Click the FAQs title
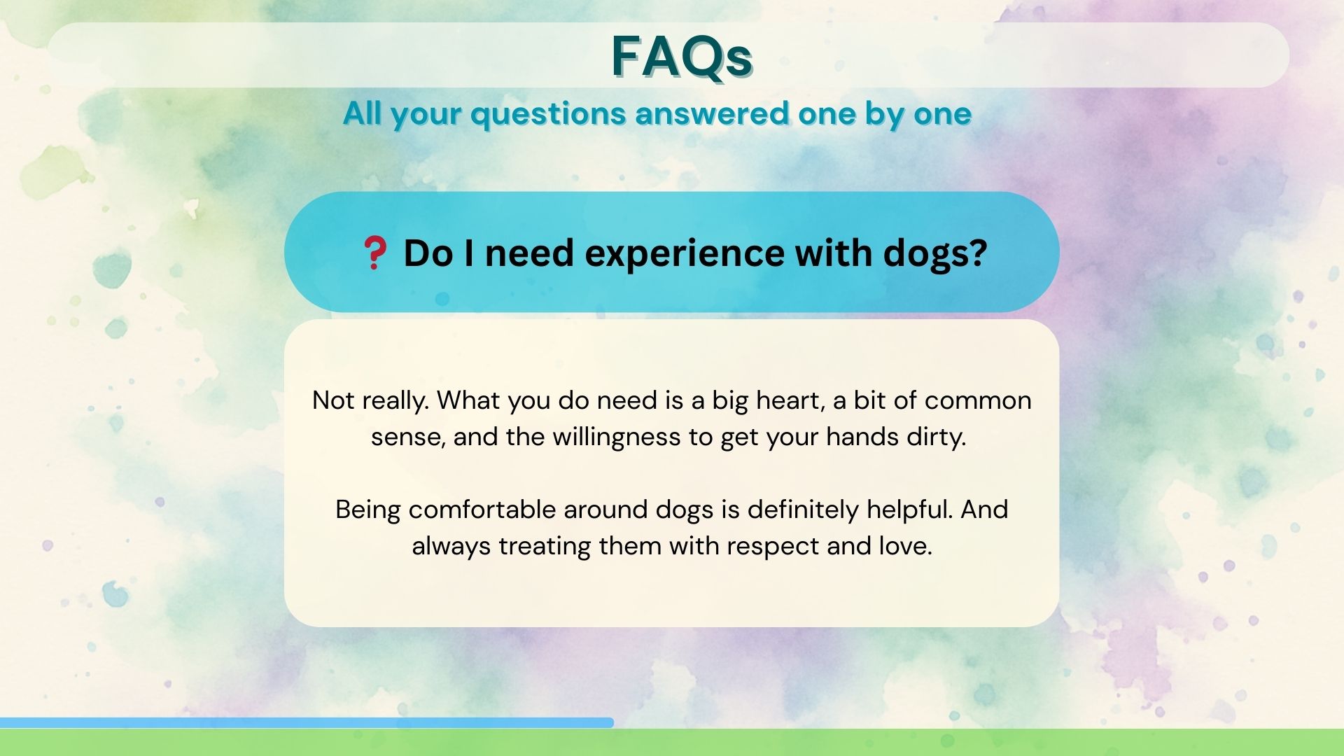(681, 56)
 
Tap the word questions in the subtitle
(548, 114)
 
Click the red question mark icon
(374, 253)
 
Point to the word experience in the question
(684, 254)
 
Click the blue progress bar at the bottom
(307, 722)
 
